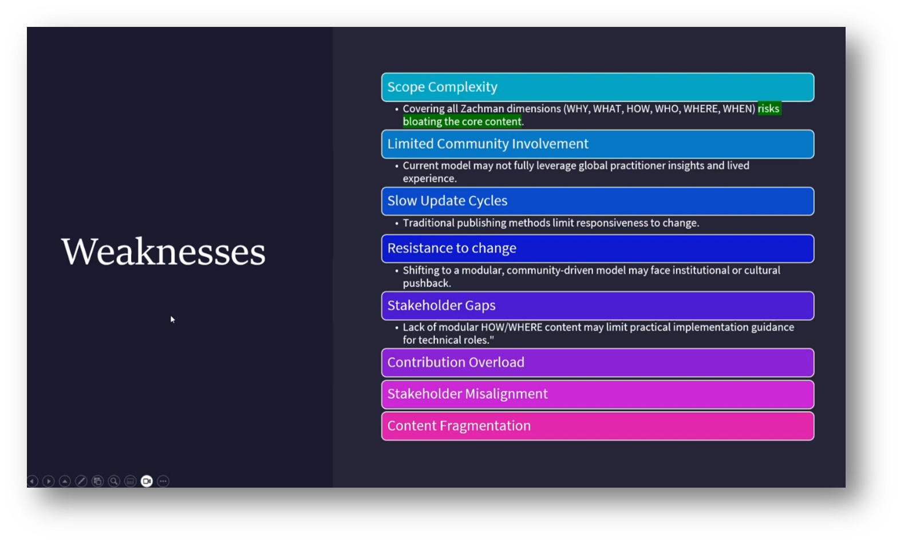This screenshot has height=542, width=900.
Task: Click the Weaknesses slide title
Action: [163, 252]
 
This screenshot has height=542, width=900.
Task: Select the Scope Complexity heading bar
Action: [597, 87]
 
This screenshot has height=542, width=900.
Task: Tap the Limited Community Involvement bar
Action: [597, 144]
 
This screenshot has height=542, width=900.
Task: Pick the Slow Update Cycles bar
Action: [597, 201]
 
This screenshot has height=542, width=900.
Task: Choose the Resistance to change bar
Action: [597, 248]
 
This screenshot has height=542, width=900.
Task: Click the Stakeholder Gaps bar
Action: [597, 306]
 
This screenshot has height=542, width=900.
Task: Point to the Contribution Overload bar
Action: [597, 362]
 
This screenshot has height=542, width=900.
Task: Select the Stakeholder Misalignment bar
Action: [597, 394]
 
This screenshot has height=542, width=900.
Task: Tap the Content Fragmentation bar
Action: [597, 426]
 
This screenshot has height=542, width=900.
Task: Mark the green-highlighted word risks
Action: [768, 109]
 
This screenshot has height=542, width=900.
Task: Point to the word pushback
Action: [426, 283]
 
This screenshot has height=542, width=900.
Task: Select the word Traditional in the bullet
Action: [430, 223]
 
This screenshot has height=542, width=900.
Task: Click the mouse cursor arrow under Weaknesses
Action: [172, 319]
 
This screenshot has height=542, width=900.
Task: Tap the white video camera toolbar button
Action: [147, 481]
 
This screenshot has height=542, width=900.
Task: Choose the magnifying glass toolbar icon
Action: [114, 481]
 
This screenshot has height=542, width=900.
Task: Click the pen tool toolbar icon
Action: [81, 481]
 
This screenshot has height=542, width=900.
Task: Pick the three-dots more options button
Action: [163, 481]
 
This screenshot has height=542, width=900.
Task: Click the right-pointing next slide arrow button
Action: [49, 481]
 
